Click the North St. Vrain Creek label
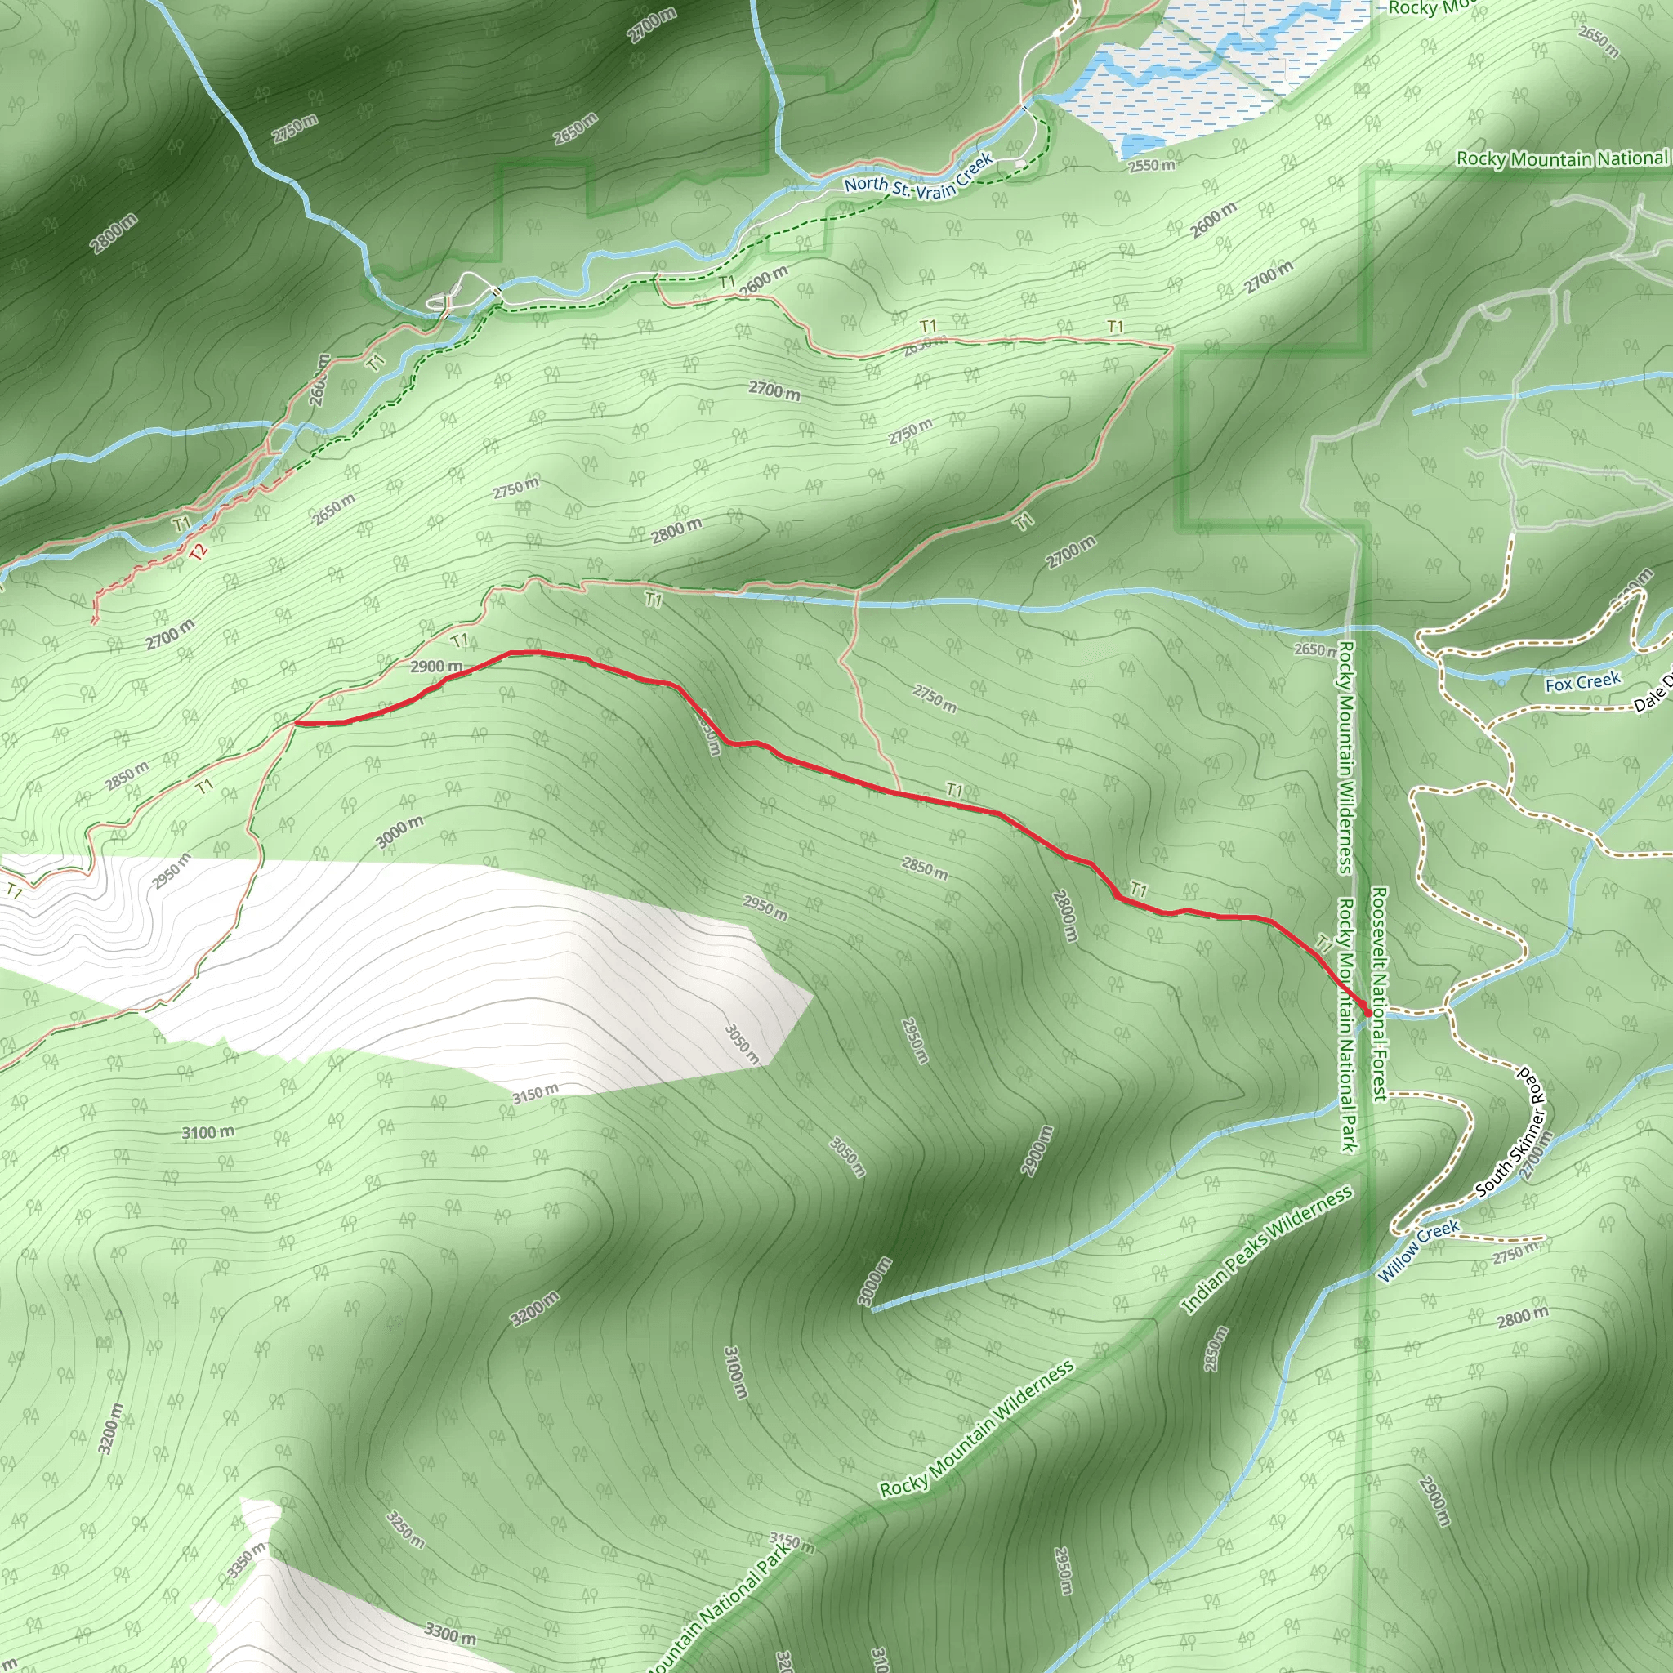tap(919, 176)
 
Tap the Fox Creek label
tap(1582, 682)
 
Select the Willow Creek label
tap(1419, 1251)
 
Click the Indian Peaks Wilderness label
tap(1267, 1250)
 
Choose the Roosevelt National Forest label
tap(1379, 993)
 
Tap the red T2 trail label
tap(199, 551)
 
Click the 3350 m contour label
tap(247, 1559)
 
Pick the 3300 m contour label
tap(449, 1634)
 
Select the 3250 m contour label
tap(405, 1530)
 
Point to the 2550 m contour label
tap(1152, 165)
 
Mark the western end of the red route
tap(297, 721)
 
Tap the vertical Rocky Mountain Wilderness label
tap(1345, 756)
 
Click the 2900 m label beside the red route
tap(435, 666)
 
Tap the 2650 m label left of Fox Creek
tap(1314, 649)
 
